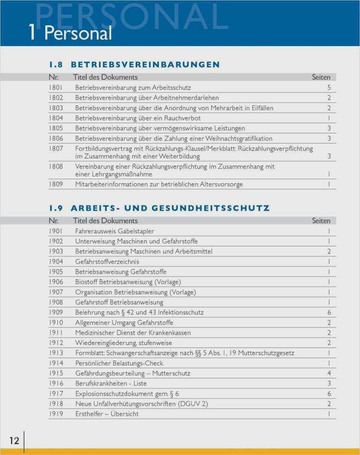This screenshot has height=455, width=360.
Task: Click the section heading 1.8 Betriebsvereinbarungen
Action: click(x=134, y=65)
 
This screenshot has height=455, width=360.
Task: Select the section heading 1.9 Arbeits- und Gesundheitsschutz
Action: click(x=159, y=208)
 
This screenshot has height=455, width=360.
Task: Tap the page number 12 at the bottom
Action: click(x=14, y=441)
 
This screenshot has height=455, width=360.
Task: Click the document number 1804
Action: click(x=56, y=118)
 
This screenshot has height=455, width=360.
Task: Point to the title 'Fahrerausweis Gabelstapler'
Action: click(x=114, y=231)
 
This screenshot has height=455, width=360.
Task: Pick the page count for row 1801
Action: click(x=329, y=88)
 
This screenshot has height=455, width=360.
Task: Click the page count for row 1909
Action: click(x=329, y=312)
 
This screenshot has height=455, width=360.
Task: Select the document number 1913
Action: click(x=56, y=353)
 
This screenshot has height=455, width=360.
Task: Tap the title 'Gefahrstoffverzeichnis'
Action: click(x=107, y=261)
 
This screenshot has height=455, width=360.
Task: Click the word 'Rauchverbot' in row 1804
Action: click(x=182, y=118)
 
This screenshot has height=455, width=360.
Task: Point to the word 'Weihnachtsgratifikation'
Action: click(x=239, y=138)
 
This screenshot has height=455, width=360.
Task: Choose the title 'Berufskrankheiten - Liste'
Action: click(x=111, y=383)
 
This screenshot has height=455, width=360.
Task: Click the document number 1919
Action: click(x=56, y=414)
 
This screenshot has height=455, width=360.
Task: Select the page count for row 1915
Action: click(x=329, y=373)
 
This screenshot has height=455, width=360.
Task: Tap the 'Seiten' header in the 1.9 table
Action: click(x=321, y=221)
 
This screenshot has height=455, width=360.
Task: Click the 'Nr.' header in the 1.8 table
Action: click(x=54, y=77)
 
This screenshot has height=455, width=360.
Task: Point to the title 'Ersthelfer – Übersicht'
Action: click(x=107, y=414)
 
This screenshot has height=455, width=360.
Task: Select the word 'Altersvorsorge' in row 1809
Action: click(x=221, y=184)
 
